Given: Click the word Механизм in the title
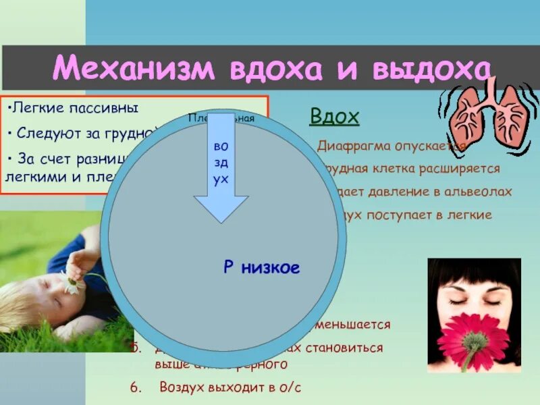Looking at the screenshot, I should coord(136,69).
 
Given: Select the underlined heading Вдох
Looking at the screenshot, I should coord(334,117).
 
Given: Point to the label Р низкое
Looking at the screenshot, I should coord(261,268).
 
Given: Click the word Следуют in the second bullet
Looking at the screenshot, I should coord(47,133).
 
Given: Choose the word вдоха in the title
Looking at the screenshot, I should coord(284,69).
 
